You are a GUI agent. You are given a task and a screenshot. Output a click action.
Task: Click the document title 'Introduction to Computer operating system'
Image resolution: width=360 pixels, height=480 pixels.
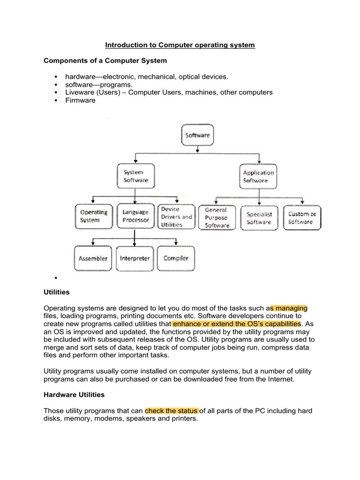(x=180, y=45)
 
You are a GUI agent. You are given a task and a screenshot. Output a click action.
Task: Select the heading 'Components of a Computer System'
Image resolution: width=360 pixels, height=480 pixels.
(x=105, y=61)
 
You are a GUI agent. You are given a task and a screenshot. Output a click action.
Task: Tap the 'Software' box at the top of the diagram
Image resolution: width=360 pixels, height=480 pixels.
(x=197, y=135)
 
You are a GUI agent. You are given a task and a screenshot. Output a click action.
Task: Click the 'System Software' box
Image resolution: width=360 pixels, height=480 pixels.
(x=135, y=176)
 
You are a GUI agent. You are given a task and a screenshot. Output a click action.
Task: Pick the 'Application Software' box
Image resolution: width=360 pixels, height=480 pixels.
(x=258, y=176)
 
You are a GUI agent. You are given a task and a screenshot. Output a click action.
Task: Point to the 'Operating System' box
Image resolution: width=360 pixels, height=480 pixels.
(x=93, y=216)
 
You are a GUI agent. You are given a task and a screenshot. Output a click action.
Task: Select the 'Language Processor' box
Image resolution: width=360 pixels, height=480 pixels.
(x=135, y=216)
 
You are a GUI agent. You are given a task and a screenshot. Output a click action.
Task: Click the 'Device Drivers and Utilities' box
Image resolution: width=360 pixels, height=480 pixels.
(x=176, y=217)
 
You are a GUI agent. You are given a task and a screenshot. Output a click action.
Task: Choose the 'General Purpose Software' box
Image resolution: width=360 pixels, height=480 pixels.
(x=217, y=217)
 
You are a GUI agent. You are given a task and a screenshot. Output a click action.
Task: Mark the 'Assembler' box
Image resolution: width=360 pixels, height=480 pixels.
(x=93, y=258)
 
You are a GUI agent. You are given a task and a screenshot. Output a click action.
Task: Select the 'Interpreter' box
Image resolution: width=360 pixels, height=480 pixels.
(x=135, y=258)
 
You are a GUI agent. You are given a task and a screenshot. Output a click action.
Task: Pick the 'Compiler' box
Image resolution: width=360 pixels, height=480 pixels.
(x=176, y=258)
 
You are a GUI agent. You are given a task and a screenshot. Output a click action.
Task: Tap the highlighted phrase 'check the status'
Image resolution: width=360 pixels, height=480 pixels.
(x=172, y=411)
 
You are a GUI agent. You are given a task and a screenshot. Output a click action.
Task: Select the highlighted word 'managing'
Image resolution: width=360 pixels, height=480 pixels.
(x=289, y=308)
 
